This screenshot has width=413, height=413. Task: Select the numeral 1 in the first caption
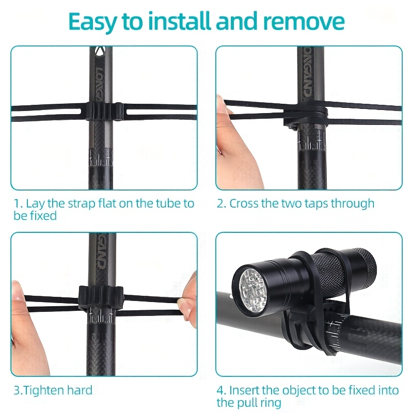click(x=17, y=204)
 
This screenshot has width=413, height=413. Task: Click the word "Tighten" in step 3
click(x=44, y=391)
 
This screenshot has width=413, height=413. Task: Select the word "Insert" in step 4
click(x=244, y=390)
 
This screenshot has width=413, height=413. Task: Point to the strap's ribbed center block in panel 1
click(x=105, y=112)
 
